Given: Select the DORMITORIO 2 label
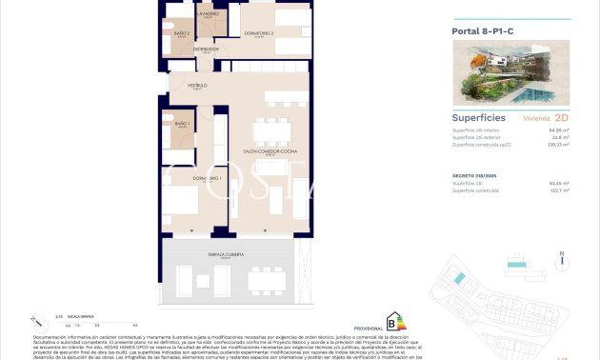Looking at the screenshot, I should [x=259, y=34].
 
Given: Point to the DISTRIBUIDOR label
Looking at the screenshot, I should [x=207, y=48].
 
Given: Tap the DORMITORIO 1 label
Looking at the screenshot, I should [x=208, y=178].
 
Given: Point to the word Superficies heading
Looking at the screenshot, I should [x=478, y=118].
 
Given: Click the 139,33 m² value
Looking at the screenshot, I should [x=559, y=146].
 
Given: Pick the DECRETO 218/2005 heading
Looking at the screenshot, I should [x=472, y=177].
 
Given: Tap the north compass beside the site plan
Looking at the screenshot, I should [x=562, y=257].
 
